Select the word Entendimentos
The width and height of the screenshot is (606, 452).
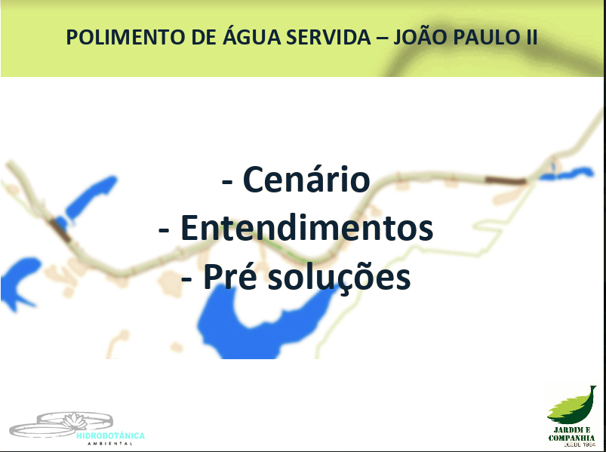coord(306,227)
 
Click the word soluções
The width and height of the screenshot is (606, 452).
coord(339,277)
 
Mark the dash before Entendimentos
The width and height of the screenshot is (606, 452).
coord(164,231)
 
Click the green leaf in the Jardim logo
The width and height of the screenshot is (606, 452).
coord(572,406)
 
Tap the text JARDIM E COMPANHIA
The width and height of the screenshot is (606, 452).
coord(571,434)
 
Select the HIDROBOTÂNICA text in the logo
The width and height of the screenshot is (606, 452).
coord(110,435)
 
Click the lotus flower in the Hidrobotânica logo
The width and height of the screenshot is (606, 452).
coord(74,421)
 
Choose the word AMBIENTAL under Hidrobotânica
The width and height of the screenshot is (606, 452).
coord(110,444)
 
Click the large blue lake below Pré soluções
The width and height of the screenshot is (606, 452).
coord(263,324)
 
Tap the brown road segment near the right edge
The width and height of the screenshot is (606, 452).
coord(506,180)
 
